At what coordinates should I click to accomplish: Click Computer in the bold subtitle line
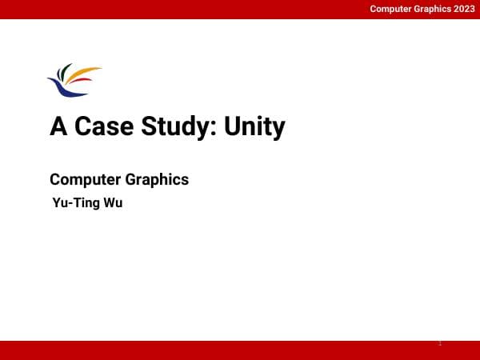pos(85,179)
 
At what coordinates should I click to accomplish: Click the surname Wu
pos(114,202)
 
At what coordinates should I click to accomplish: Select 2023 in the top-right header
pos(462,9)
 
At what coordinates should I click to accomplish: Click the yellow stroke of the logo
pos(86,73)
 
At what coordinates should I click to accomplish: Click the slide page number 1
pos(440,343)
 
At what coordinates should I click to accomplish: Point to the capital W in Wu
pos(110,202)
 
